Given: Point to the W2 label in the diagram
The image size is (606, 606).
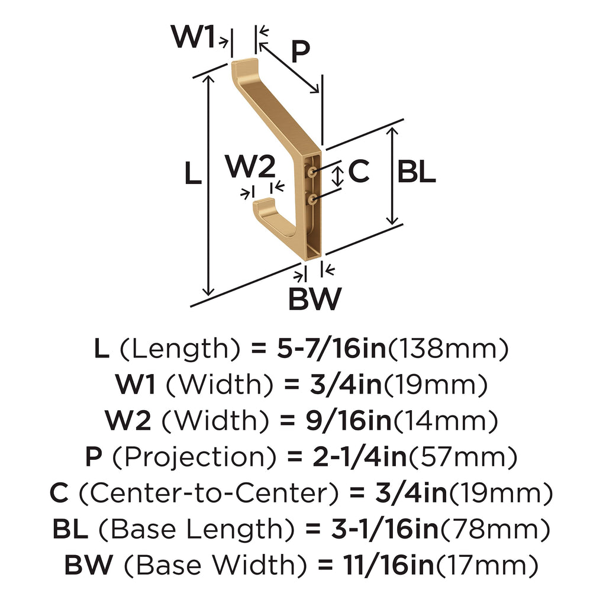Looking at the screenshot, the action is pyautogui.click(x=250, y=166).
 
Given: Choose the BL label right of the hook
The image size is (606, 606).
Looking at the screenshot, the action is pyautogui.click(x=416, y=172).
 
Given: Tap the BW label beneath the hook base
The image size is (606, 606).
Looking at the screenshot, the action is pyautogui.click(x=315, y=298).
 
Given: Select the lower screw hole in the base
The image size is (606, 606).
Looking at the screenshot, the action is pyautogui.click(x=312, y=199).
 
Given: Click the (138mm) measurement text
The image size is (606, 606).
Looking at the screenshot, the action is pyautogui.click(x=447, y=349).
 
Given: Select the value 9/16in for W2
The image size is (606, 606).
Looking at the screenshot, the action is pyautogui.click(x=348, y=420).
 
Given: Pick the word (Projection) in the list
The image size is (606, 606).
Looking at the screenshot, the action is pyautogui.click(x=194, y=457).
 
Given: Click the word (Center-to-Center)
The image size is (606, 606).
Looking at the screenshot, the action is pyautogui.click(x=209, y=493).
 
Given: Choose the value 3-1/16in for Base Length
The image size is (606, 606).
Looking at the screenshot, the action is pyautogui.click(x=385, y=528).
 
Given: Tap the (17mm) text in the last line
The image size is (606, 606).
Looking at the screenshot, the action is pyautogui.click(x=487, y=565).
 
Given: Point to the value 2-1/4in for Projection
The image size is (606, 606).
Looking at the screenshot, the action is pyautogui.click(x=360, y=456).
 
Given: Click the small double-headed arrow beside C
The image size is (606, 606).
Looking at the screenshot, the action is pyautogui.click(x=338, y=176).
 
